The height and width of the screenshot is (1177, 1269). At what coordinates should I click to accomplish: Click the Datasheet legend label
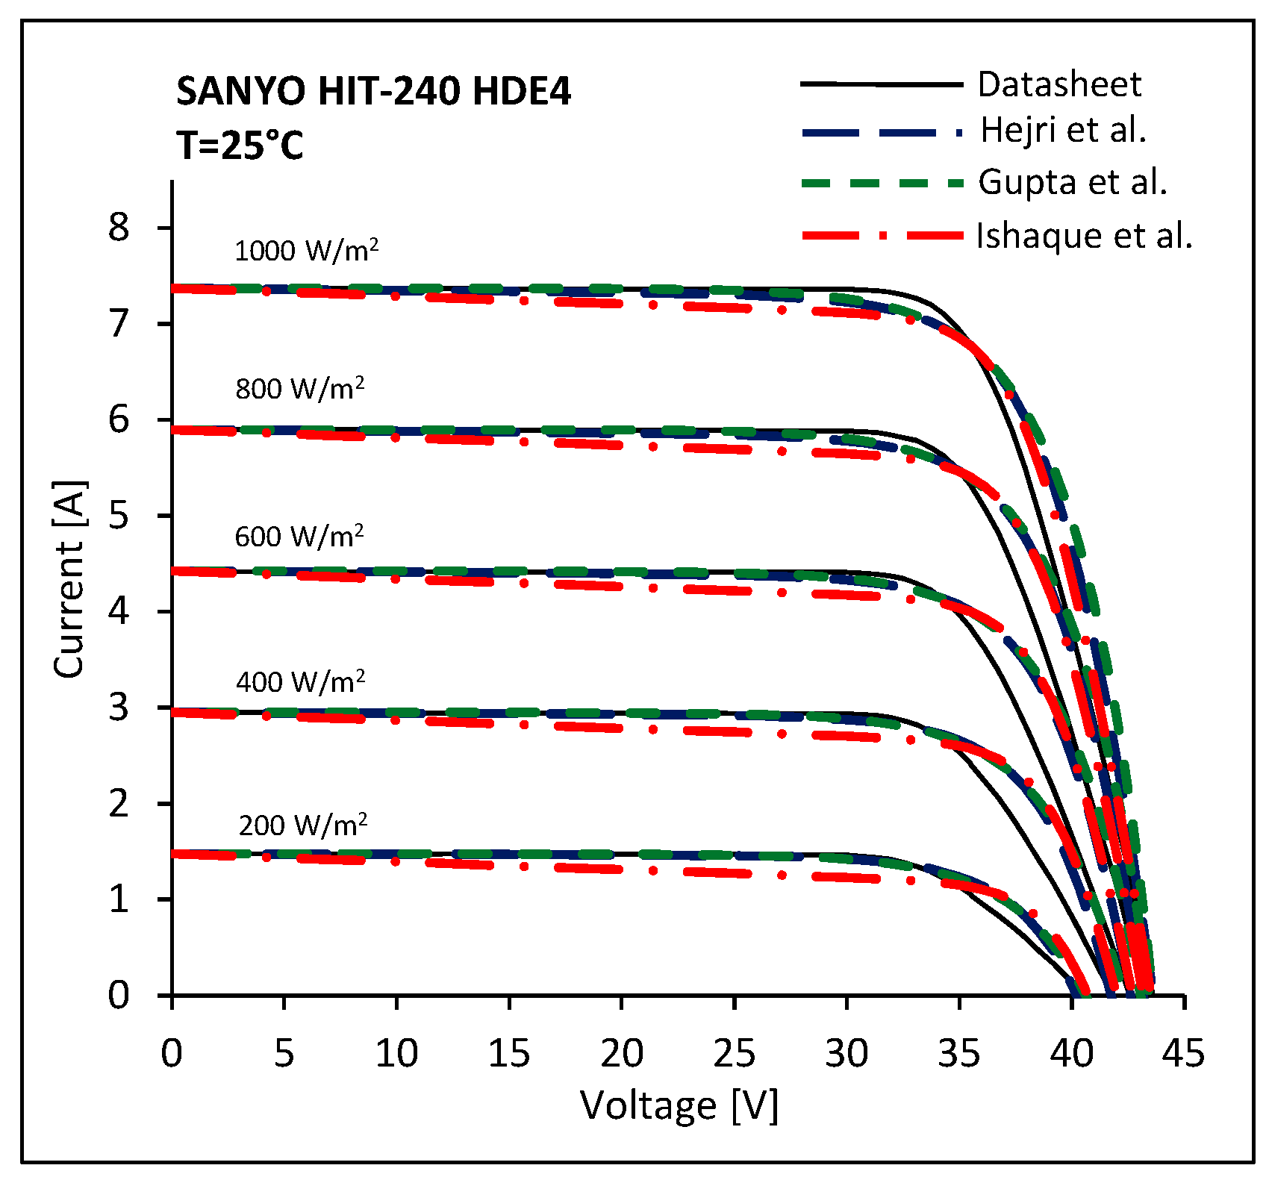(1059, 84)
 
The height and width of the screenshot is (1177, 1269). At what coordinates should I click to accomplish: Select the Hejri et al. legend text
(1063, 130)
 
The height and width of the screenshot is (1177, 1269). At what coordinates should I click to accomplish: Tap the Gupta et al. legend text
(1073, 182)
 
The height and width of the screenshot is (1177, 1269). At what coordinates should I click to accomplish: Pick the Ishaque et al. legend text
(1085, 236)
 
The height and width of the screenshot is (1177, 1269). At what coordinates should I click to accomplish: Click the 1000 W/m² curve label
(306, 251)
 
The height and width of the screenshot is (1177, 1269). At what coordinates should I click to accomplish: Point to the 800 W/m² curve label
(299, 388)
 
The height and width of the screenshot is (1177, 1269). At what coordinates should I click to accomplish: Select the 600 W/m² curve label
(299, 536)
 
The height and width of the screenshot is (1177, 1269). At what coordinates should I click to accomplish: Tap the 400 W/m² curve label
(300, 681)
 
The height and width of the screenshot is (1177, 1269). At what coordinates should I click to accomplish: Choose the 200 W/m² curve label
(302, 825)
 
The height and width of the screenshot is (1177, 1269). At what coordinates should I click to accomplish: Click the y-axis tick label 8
(119, 227)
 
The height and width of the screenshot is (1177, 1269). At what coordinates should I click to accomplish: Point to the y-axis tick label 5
(119, 516)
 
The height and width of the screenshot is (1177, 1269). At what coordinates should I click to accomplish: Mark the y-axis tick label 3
(119, 707)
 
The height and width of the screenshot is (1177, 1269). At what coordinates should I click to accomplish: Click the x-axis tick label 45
(1183, 1054)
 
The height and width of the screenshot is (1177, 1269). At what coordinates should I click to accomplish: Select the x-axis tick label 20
(621, 1054)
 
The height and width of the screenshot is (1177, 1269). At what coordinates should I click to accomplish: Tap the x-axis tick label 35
(958, 1054)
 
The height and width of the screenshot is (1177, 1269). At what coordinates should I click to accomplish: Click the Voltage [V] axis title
(679, 1105)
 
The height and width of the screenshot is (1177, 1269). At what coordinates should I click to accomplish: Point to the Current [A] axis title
(69, 579)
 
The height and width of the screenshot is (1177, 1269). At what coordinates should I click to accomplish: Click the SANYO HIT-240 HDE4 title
(373, 91)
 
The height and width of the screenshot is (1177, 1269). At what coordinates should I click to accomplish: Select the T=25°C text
(240, 145)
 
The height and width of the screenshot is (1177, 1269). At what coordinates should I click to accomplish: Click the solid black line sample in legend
(881, 84)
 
